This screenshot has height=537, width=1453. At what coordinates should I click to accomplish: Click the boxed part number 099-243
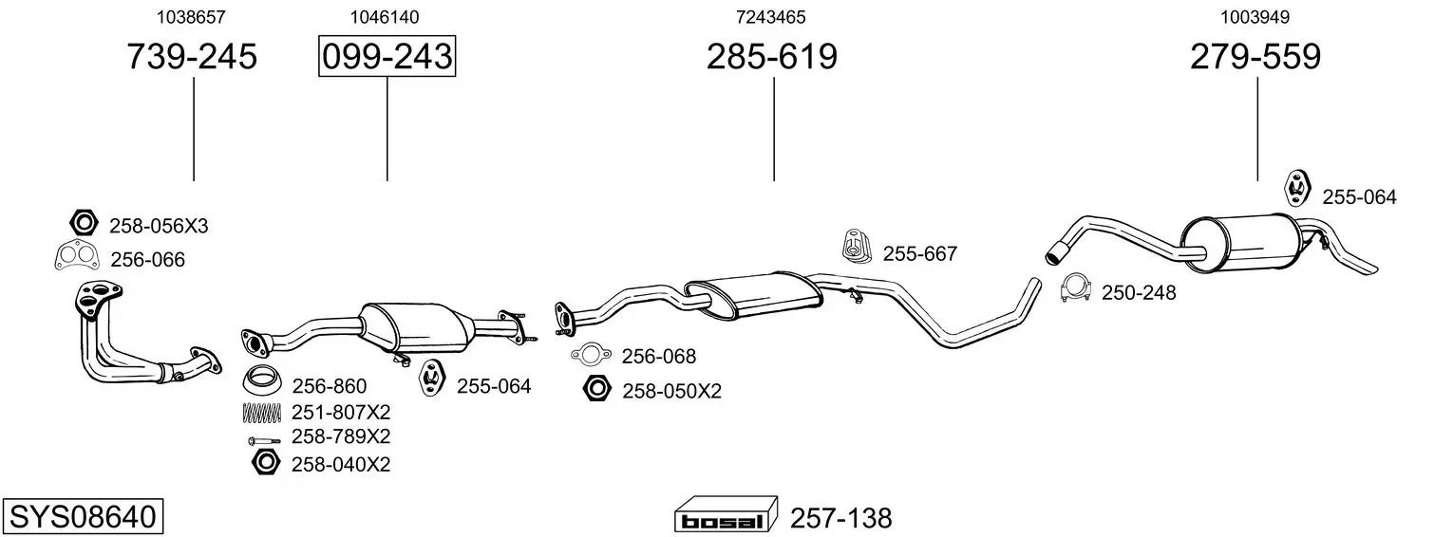pos(387,56)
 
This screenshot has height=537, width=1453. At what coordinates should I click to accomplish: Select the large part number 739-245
pos(192,56)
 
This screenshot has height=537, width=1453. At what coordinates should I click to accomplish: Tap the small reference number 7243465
pos(770,17)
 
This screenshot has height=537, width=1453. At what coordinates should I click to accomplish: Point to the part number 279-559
pos(1255,56)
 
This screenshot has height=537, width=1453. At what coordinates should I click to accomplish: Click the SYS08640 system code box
pos(83,516)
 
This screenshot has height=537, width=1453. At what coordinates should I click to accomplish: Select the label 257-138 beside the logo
pos(840,518)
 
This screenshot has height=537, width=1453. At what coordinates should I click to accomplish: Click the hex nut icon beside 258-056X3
pos(84,224)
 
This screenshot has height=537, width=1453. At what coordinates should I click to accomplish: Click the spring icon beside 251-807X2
pos(261,413)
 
